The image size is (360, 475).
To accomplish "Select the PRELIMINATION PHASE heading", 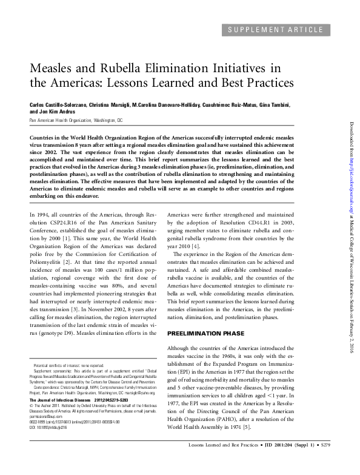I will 206,334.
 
